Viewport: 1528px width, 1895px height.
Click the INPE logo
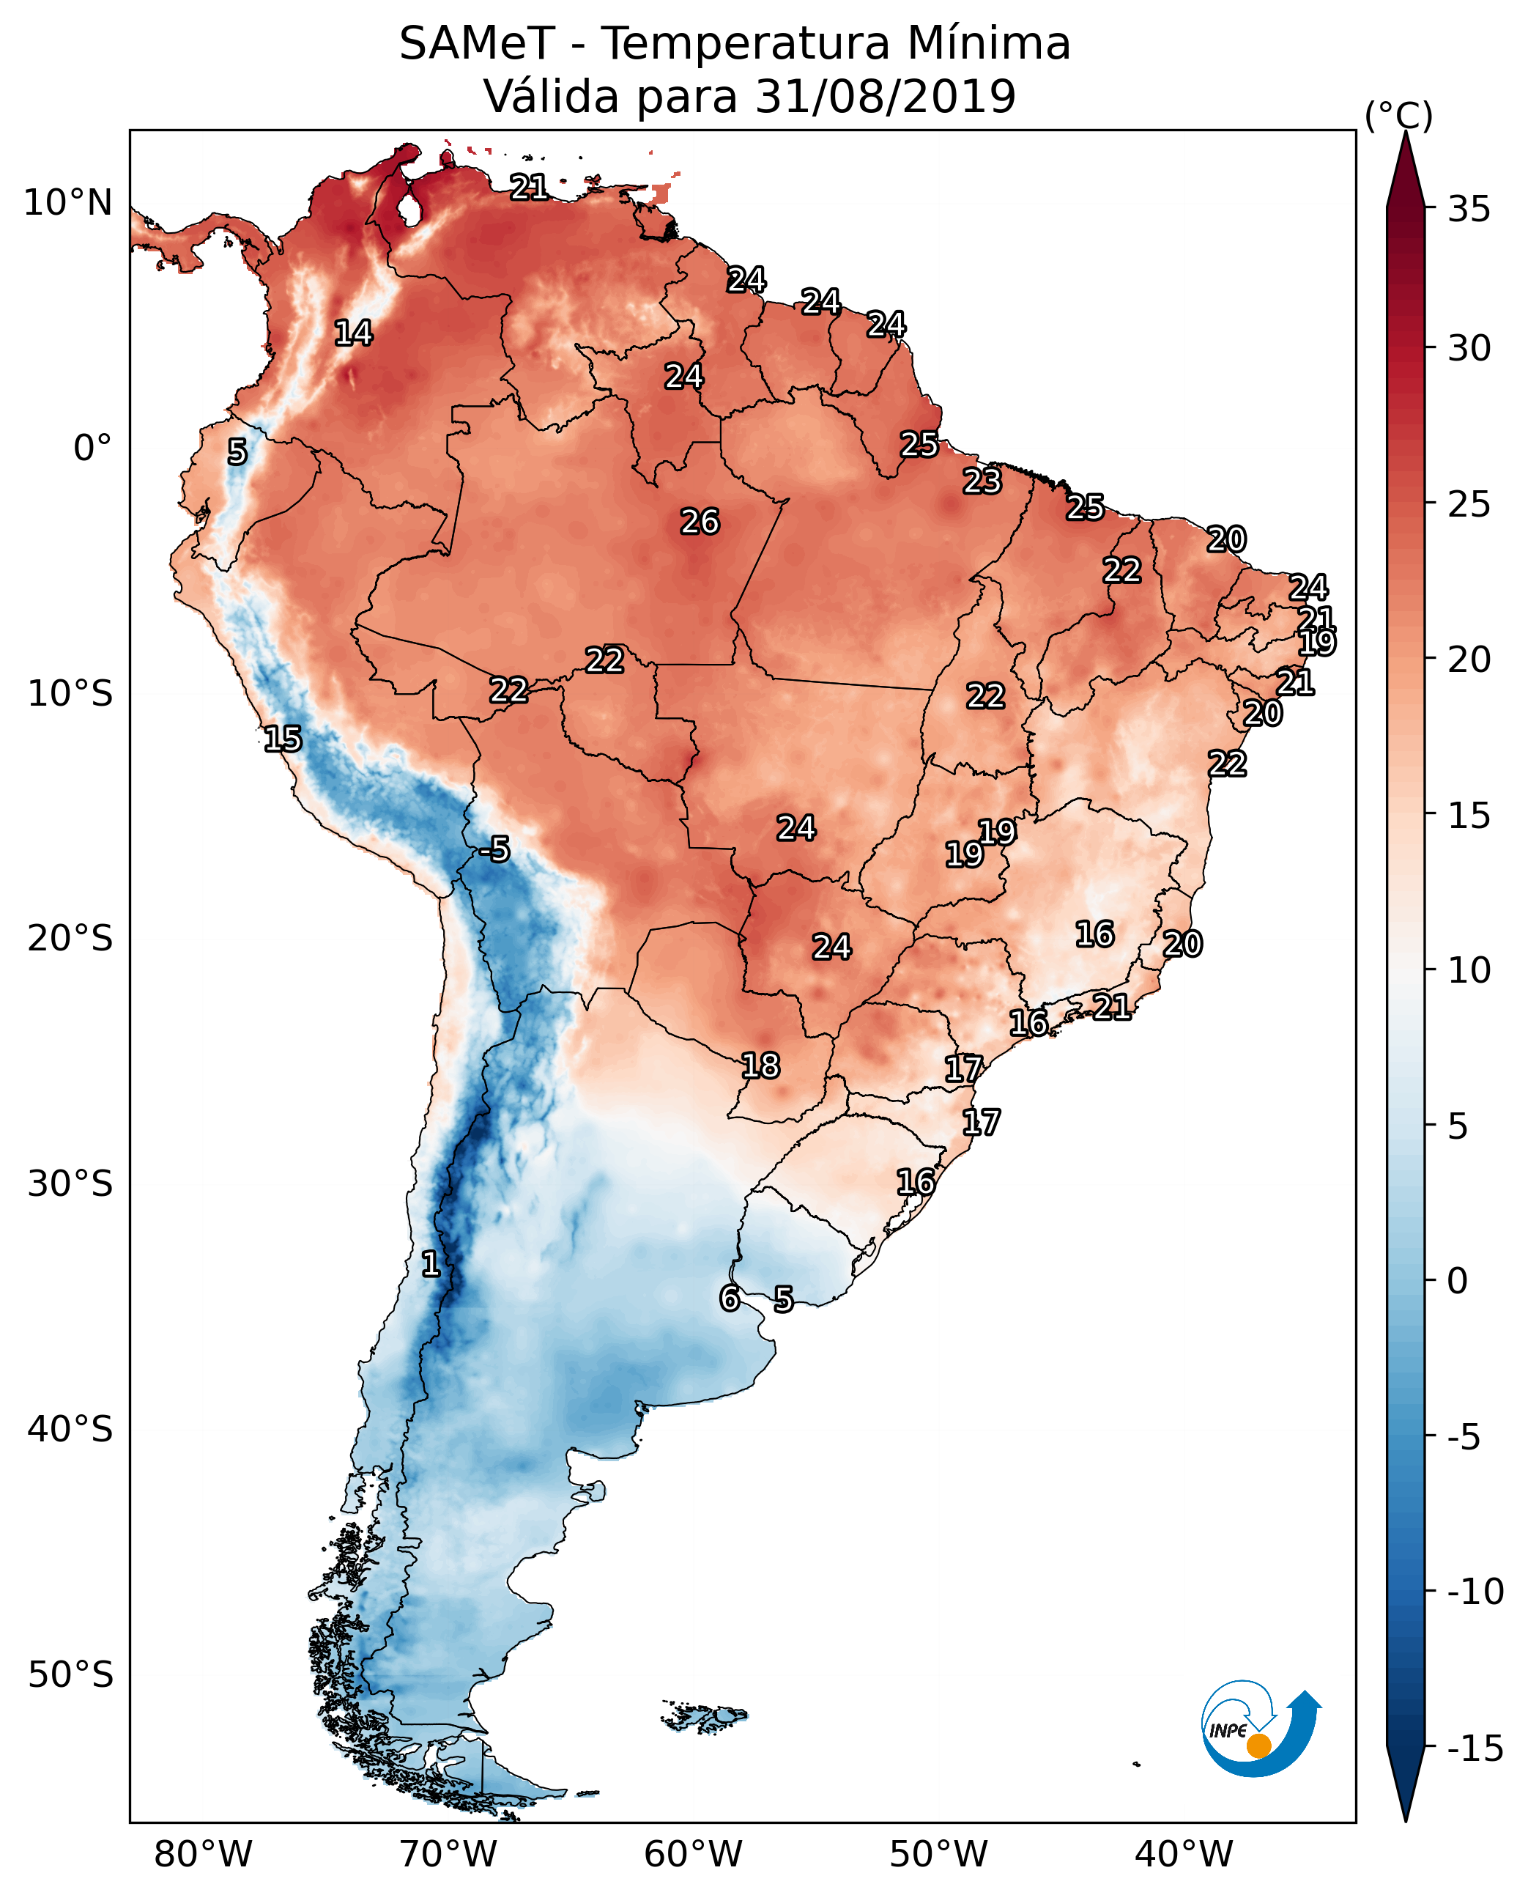click(x=1260, y=1730)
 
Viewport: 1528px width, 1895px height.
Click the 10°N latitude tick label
click(x=68, y=204)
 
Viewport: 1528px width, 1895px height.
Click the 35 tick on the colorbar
click(x=1469, y=210)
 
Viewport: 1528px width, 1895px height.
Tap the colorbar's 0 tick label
click(x=1458, y=1280)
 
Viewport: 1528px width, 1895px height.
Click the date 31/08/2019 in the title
click(x=886, y=96)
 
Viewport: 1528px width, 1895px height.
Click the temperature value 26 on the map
click(x=700, y=522)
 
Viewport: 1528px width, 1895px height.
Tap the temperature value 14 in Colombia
click(x=353, y=333)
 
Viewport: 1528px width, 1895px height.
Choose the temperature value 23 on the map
click(x=982, y=481)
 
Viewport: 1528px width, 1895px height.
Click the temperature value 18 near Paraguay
click(x=760, y=1066)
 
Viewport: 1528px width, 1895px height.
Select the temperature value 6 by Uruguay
click(x=730, y=1298)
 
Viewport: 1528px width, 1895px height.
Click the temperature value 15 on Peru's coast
click(x=283, y=739)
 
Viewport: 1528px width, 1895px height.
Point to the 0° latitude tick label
click(x=92, y=448)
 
